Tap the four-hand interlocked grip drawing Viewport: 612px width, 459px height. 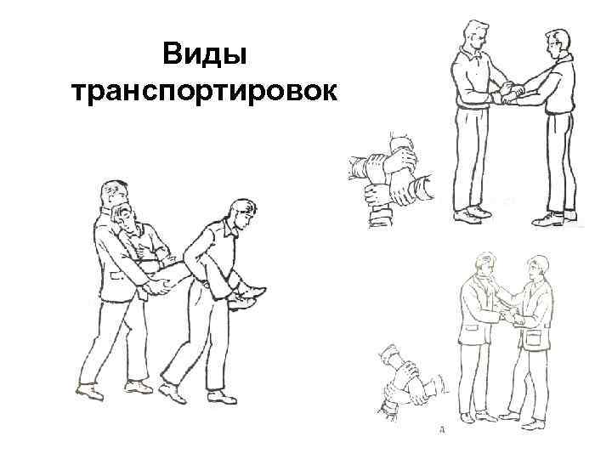(392, 178)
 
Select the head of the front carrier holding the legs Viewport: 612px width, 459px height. (241, 212)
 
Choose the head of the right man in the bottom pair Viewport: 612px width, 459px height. (535, 269)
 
